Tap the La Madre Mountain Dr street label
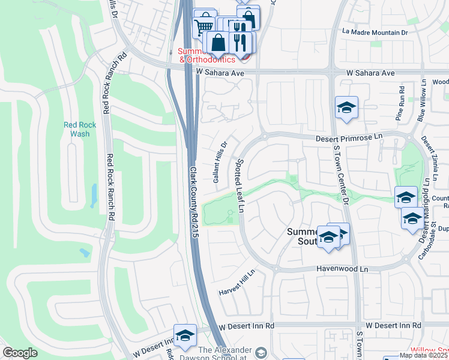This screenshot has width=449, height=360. [x=375, y=32]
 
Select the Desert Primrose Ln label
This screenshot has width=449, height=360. [x=349, y=137]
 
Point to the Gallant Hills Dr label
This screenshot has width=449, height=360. [x=220, y=162]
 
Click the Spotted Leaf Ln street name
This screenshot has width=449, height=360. [x=241, y=185]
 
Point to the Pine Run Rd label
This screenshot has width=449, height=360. [x=400, y=107]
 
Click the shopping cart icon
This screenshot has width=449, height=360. [x=205, y=25]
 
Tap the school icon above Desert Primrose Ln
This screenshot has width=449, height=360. [x=346, y=108]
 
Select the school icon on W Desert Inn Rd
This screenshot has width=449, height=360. [x=185, y=336]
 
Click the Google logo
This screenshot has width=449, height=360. [x=20, y=353]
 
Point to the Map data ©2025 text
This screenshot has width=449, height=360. [x=423, y=355]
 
